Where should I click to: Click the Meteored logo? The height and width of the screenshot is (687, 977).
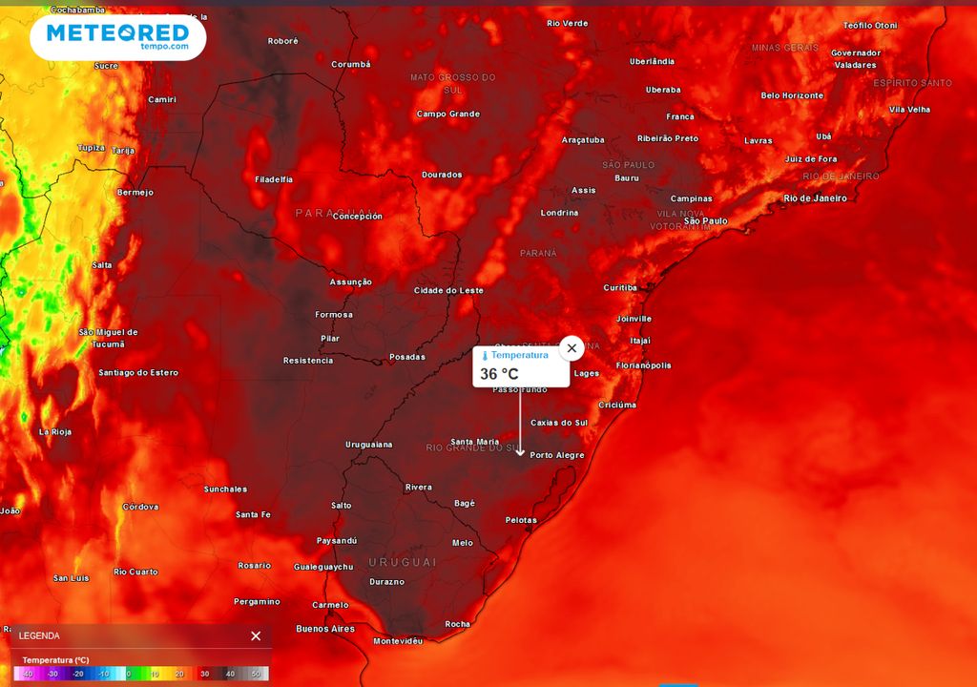pyautogui.click(x=117, y=36)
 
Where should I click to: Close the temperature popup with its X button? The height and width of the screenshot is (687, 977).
pyautogui.click(x=572, y=348)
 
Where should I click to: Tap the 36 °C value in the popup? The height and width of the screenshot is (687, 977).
pyautogui.click(x=499, y=374)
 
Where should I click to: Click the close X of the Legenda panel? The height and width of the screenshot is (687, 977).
pyautogui.click(x=256, y=635)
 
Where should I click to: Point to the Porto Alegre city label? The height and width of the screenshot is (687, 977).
pyautogui.click(x=556, y=455)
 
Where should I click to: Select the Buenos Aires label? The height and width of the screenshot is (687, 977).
pyautogui.click(x=325, y=629)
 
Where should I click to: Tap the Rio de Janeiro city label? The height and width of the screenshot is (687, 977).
pyautogui.click(x=815, y=198)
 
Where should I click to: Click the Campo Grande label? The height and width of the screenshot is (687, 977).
pyautogui.click(x=447, y=114)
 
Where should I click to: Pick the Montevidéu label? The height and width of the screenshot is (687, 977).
pyautogui.click(x=398, y=641)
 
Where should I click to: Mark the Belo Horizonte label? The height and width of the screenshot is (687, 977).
pyautogui.click(x=792, y=95)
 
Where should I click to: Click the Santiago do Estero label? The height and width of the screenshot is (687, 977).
pyautogui.click(x=138, y=372)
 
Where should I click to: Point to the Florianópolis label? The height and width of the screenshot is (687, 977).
pyautogui.click(x=643, y=365)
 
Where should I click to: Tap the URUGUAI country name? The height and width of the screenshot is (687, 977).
pyautogui.click(x=403, y=562)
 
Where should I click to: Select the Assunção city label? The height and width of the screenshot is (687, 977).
pyautogui.click(x=350, y=282)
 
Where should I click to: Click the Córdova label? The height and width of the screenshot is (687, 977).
pyautogui.click(x=140, y=507)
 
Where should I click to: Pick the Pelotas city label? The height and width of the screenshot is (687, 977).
pyautogui.click(x=521, y=520)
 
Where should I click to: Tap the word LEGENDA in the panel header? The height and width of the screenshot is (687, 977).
pyautogui.click(x=39, y=635)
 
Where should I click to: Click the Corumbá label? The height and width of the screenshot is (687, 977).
pyautogui.click(x=350, y=65)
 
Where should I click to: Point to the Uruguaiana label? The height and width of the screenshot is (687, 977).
pyautogui.click(x=368, y=445)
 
